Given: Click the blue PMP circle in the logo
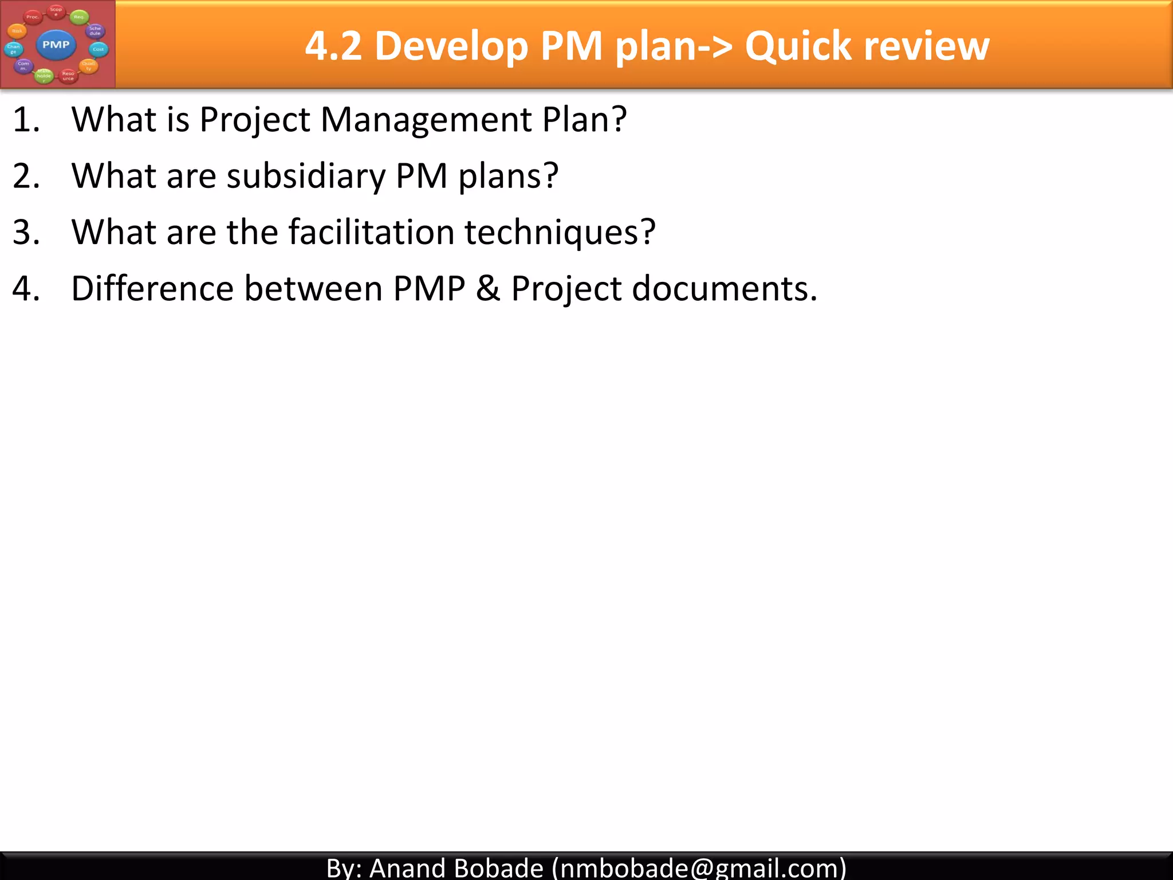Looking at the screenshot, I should [56, 45].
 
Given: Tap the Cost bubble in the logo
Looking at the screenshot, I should [99, 49].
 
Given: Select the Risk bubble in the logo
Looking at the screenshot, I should [17, 32].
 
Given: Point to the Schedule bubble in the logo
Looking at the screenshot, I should [95, 31].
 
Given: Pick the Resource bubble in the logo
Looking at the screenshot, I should [68, 76].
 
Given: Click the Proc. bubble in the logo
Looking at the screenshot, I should [33, 17].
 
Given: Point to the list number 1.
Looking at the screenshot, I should [26, 120].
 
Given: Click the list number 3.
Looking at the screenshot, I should [26, 232].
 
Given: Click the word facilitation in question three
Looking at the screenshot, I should [371, 232].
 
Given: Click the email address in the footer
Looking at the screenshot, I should [699, 867].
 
